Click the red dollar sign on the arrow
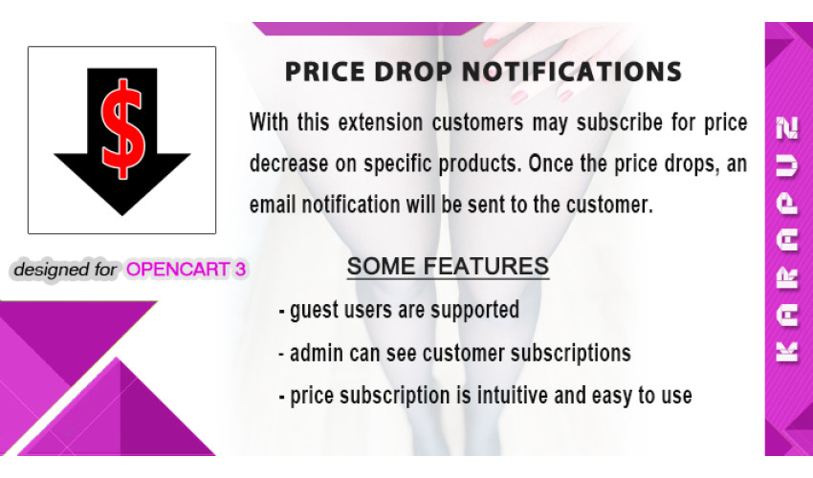(122, 128)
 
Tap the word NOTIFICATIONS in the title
(571, 72)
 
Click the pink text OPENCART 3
(186, 270)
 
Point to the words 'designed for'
(65, 270)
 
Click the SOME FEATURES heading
(448, 267)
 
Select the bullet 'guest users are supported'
(399, 310)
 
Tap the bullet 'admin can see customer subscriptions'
(454, 353)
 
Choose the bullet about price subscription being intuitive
(485, 396)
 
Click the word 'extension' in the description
(381, 123)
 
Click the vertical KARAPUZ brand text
(786, 239)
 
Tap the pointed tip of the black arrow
(122, 215)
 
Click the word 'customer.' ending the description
(609, 205)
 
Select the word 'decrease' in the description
(289, 164)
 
